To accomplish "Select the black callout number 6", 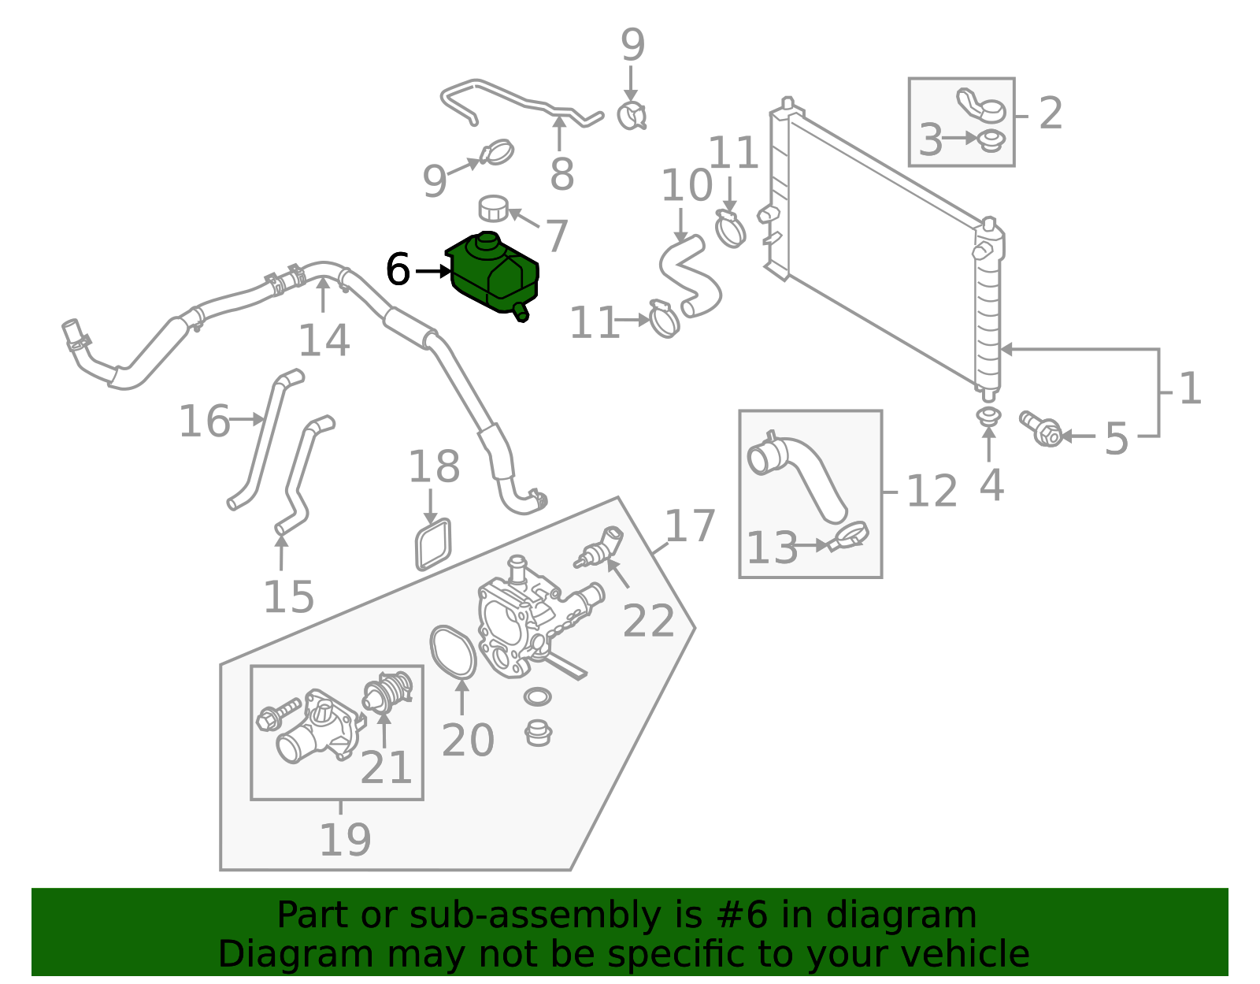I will (x=398, y=270).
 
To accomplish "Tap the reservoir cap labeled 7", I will (x=494, y=208).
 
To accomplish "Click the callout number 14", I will (x=324, y=340).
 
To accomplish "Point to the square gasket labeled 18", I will (x=433, y=544).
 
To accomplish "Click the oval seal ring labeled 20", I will (x=454, y=652).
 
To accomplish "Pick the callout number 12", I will (x=932, y=492).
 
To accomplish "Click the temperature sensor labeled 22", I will (x=601, y=545).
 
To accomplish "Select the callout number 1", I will (x=1190, y=389).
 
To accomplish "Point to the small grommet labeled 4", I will (x=988, y=414).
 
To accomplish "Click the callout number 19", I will (x=345, y=840).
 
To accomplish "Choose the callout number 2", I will (x=1051, y=114).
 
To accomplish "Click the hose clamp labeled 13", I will (x=851, y=537).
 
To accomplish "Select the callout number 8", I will (x=561, y=174).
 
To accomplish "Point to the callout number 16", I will (x=204, y=421).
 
